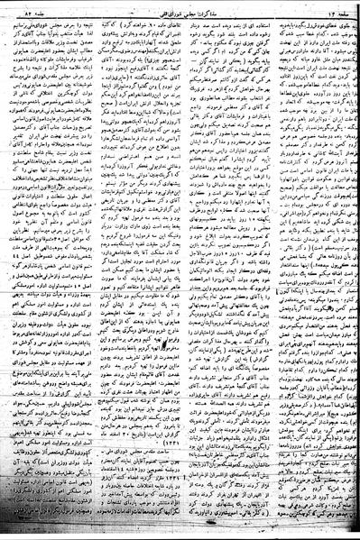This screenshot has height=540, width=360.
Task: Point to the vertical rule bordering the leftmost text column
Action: pos(93,270)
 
